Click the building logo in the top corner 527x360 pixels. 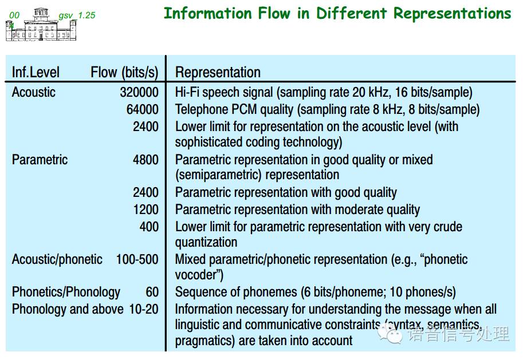(41, 25)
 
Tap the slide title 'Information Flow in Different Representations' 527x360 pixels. (337, 13)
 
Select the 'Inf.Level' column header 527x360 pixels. (36, 72)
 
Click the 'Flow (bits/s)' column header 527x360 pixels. (124, 73)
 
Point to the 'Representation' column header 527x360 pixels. (218, 73)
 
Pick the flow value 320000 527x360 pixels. (139, 92)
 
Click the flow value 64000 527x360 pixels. (143, 109)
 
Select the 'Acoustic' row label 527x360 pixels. (34, 92)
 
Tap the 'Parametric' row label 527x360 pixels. (40, 160)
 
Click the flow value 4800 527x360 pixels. (145, 160)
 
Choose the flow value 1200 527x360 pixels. (146, 209)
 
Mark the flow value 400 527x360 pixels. (149, 227)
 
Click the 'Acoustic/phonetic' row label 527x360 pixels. (57, 260)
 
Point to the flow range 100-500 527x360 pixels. (137, 260)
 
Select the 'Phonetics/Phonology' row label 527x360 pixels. (66, 292)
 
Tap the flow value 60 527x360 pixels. (152, 292)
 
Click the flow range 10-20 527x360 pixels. (144, 309)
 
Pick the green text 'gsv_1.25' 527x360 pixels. (77, 15)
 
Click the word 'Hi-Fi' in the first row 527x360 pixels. (187, 92)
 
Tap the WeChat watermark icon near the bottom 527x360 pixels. (390, 334)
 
